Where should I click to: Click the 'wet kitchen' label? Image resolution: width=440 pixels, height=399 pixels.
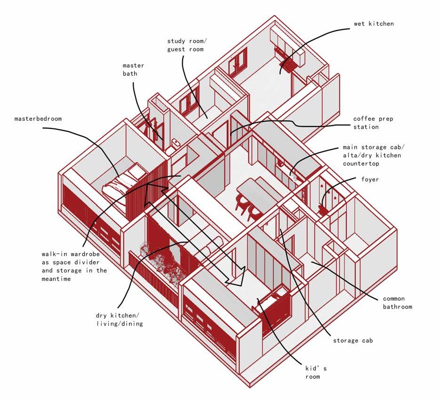[374, 24]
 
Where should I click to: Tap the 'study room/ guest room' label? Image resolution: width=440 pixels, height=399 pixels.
[185, 45]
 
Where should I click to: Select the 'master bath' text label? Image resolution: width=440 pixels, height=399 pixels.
[133, 70]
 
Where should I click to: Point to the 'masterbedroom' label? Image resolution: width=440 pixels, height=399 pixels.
[38, 119]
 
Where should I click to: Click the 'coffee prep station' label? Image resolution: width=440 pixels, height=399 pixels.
[373, 123]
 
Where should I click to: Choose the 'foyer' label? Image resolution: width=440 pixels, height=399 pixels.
[370, 179]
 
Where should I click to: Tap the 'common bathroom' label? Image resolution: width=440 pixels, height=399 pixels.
[397, 303]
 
